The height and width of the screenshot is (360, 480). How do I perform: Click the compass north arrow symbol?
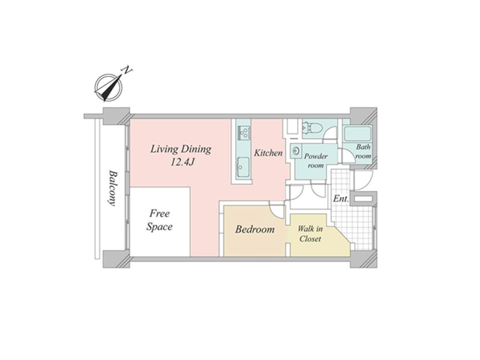point(108,88)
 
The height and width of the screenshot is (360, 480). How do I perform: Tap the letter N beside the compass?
point(127,70)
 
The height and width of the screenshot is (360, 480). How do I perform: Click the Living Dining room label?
point(181,149)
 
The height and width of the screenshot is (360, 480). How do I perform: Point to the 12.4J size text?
point(182,162)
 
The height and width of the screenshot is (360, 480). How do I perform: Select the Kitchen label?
point(268,153)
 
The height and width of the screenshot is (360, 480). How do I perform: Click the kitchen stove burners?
point(244,132)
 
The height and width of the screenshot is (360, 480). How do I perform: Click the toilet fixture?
point(311,127)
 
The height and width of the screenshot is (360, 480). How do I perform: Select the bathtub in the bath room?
point(358,133)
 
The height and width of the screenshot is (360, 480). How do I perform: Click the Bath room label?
point(363,151)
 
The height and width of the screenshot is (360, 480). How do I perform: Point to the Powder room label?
point(316,161)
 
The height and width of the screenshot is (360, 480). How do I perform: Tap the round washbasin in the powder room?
point(296,151)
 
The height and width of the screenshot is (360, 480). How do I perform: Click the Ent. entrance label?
point(341,199)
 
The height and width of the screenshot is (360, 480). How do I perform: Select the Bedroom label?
point(254,229)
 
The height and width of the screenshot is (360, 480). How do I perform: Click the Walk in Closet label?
point(310,233)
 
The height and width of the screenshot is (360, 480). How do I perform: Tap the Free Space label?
point(160,220)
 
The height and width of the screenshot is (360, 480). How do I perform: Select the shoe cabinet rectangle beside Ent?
point(364,199)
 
